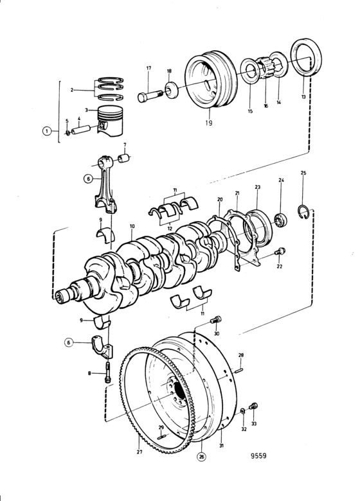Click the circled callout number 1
point(47,131)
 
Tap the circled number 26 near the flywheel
point(201,457)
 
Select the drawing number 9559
point(258,455)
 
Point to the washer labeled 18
point(172,91)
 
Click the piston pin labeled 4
point(80,130)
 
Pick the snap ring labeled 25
point(303,212)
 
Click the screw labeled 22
point(280,252)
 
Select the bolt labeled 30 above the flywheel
point(216,319)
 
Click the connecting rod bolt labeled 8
point(108,373)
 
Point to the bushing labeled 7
point(123,158)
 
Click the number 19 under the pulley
point(208,123)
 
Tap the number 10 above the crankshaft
point(132,226)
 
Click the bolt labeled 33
point(253,407)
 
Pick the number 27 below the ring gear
point(139,452)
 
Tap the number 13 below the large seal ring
point(303,96)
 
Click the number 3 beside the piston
point(86,110)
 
